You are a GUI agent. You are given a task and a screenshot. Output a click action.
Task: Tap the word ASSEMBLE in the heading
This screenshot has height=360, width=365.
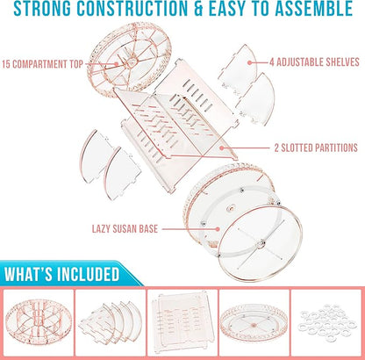tap(313, 9)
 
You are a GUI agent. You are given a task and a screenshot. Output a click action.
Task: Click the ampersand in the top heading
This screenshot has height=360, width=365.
tap(198, 9)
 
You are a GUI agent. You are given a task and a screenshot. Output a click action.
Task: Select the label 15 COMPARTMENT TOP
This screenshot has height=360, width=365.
tap(43, 64)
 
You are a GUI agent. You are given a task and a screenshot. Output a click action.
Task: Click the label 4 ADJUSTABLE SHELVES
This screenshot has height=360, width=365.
tap(314, 62)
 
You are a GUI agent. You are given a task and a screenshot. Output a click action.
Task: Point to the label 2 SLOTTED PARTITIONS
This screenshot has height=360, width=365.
tap(316, 148)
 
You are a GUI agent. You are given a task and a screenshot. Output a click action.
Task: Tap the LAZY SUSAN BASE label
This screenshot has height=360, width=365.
tap(125, 228)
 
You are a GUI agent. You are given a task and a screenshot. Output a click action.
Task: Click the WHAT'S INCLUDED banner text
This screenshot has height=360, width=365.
tap(62, 274)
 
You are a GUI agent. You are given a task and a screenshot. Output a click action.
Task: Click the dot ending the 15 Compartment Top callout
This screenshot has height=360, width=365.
tap(117, 64)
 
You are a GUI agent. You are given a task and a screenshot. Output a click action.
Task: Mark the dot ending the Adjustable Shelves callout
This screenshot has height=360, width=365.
tap(249, 62)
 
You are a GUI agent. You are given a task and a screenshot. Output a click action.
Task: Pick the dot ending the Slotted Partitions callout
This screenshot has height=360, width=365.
tap(222, 148)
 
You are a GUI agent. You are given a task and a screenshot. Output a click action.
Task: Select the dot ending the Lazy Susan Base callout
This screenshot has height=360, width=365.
tap(218, 229)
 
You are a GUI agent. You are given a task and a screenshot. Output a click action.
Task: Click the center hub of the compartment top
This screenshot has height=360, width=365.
tap(132, 61)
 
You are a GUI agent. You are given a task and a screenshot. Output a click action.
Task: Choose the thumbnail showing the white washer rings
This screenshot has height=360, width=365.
tap(326, 323)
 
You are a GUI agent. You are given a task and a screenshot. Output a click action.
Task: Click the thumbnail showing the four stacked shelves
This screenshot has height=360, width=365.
tap(111, 323)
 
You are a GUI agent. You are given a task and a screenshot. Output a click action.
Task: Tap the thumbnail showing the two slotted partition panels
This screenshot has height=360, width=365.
tap(182, 323)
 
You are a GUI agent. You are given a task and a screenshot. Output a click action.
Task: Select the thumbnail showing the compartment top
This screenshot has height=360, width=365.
tap(39, 323)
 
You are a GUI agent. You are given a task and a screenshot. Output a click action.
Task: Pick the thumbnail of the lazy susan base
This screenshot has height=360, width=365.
tap(254, 323)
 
